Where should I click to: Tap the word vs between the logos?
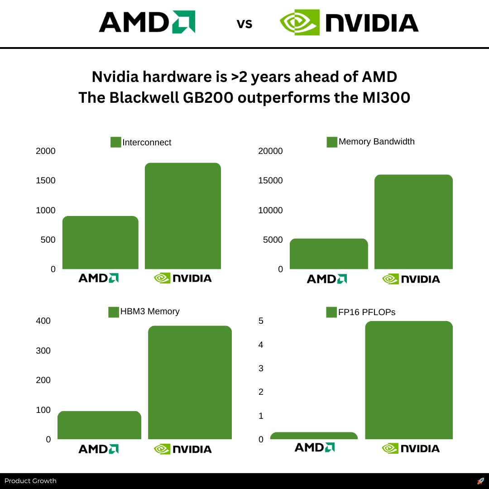pos(244,24)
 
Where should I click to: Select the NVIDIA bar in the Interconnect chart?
pos(183,216)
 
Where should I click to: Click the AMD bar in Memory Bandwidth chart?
pos(329,254)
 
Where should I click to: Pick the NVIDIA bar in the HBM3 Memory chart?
pos(190,383)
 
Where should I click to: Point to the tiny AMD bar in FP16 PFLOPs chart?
pos(314,436)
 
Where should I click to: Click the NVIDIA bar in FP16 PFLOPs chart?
pos(409,380)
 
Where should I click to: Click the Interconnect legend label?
pos(147,142)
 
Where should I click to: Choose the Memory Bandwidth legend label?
pos(376,141)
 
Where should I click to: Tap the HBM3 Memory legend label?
pos(150,312)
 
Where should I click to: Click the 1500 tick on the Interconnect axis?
pos(46,181)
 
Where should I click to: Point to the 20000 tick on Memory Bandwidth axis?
pos(270,151)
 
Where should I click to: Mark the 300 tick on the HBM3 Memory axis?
pos(43,351)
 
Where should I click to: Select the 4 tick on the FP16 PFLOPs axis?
pos(261,345)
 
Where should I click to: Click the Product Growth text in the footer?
pos(30,481)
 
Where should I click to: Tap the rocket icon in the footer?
pos(480,481)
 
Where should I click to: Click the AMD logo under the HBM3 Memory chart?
pos(98,449)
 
